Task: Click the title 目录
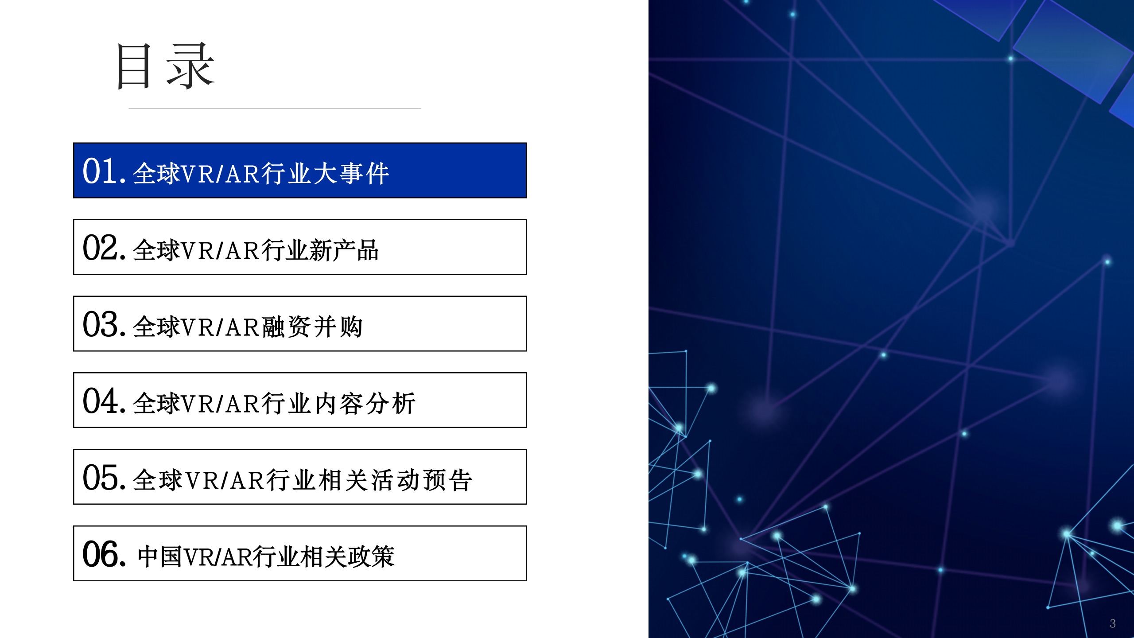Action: click(165, 66)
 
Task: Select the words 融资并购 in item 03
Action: click(313, 327)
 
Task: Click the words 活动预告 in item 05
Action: click(422, 480)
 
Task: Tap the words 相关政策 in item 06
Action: click(348, 556)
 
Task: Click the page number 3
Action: click(1112, 623)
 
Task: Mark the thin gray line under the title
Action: click(275, 108)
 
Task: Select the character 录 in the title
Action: click(190, 66)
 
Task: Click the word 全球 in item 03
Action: click(157, 327)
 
